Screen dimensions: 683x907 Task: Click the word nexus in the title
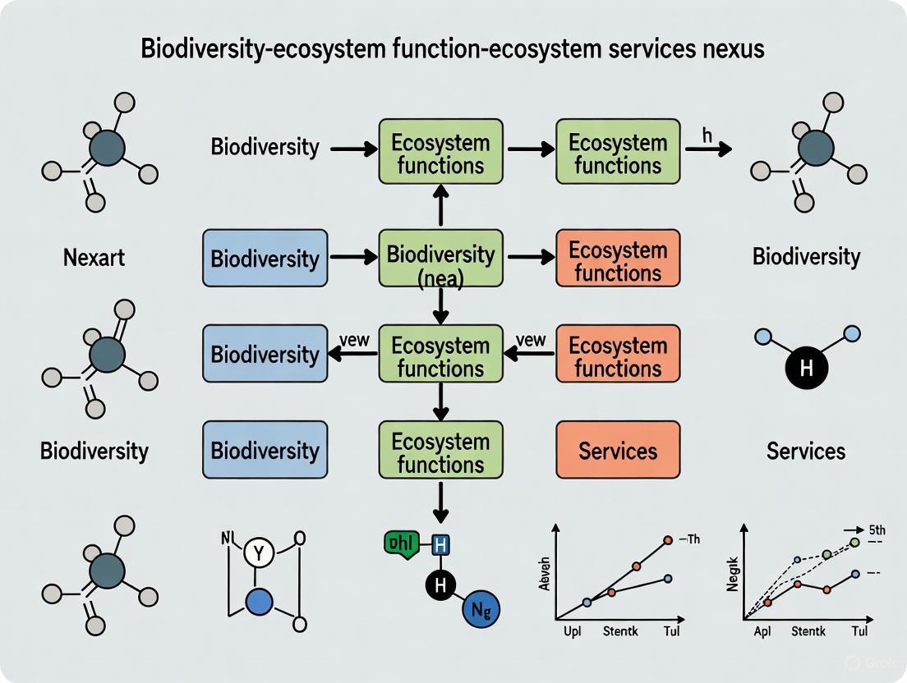pos(730,48)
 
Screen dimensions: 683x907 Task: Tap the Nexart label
pos(94,258)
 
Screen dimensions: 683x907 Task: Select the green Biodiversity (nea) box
pos(440,258)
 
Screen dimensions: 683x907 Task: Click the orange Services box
pos(618,450)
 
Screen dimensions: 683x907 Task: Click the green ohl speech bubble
pos(402,543)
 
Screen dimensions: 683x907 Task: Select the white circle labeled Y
pos(260,554)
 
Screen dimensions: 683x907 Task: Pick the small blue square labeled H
pos(440,543)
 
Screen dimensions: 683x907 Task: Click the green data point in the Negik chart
pos(854,543)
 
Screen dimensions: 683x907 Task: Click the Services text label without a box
pos(805,451)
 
